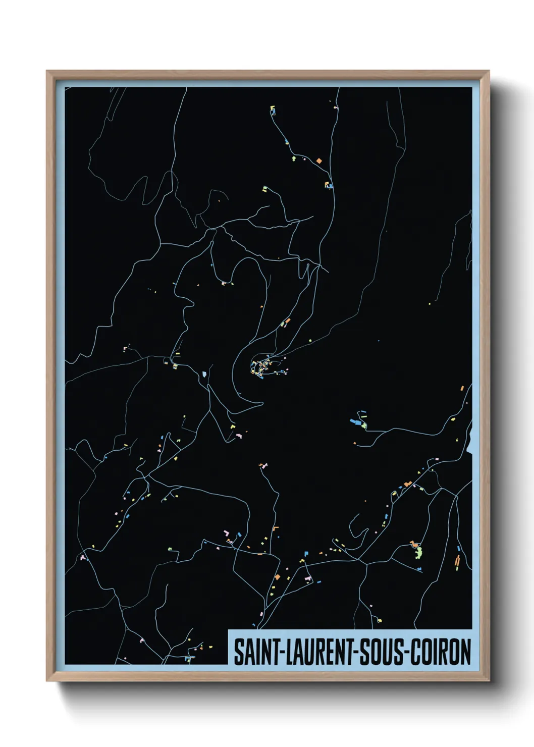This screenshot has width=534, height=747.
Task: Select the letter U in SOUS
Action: pos(389,652)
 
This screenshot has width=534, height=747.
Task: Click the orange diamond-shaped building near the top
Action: pos(319,161)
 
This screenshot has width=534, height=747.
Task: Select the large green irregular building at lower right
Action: pos(418,552)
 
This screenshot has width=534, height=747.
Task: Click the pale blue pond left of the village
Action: pos(204,374)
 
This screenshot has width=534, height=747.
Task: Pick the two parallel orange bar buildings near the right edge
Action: pos(457,562)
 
